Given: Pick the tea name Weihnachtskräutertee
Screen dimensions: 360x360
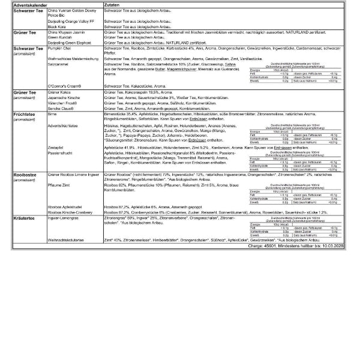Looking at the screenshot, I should (x=67, y=241).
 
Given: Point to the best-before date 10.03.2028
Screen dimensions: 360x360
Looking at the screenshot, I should (x=341, y=246).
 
